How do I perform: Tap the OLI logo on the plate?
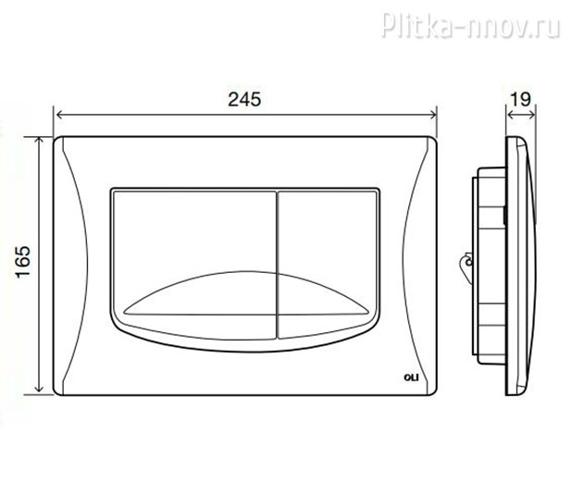(x=414, y=376)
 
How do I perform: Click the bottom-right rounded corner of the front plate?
(x=431, y=386)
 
